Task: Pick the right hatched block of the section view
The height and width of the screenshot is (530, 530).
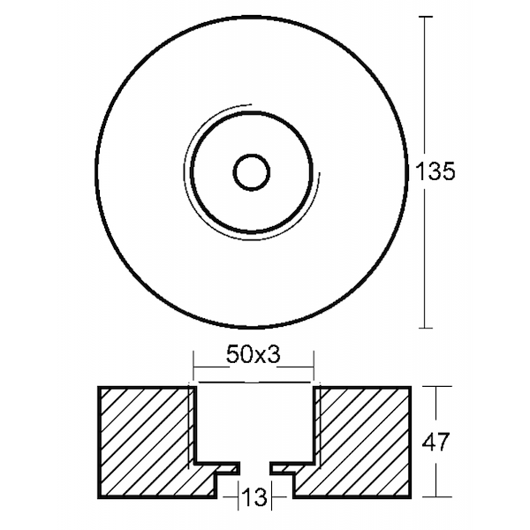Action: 362,442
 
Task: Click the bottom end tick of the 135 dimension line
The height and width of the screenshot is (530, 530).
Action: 429,328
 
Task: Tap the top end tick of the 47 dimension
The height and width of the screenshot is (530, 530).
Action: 439,386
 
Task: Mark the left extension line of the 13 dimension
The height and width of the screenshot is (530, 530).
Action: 236,495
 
